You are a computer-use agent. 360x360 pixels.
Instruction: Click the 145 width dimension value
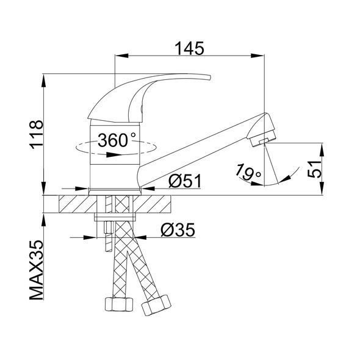[189, 48]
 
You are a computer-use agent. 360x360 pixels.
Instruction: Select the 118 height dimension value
[37, 134]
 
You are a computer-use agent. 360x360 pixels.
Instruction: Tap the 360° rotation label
[117, 140]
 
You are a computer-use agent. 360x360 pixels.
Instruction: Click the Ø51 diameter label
[185, 181]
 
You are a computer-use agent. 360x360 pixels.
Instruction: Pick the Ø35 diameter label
[178, 230]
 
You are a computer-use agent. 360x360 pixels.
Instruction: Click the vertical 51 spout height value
[314, 169]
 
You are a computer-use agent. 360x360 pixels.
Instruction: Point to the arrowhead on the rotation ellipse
[114, 155]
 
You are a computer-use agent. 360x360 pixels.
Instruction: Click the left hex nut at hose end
[119, 304]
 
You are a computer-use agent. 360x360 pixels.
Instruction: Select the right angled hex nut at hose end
[156, 305]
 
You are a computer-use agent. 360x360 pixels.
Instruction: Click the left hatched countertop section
[78, 204]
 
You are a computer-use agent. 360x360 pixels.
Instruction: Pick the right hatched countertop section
[152, 204]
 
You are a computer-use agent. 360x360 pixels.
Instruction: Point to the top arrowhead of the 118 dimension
[43, 81]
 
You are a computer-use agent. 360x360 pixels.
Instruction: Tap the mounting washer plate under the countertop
[115, 217]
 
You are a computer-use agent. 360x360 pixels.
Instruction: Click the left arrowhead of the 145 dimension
[121, 56]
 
